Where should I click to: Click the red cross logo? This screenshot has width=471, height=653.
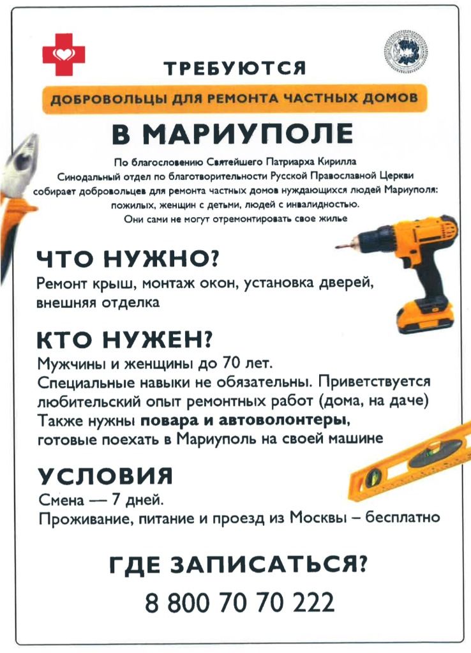tap(64, 54)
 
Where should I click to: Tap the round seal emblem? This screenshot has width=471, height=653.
tap(406, 51)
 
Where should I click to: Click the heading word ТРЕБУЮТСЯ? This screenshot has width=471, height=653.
tap(235, 68)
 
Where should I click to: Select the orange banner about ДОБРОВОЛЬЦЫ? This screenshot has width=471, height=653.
tap(234, 99)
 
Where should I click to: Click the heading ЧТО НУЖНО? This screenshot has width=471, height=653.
tap(128, 259)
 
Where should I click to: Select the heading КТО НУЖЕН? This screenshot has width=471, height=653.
tap(124, 340)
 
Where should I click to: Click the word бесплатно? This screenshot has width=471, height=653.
tap(403, 517)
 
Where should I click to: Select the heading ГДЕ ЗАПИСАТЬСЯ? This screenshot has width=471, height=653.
tap(239, 565)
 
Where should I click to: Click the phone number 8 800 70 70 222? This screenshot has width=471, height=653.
tap(240, 603)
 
